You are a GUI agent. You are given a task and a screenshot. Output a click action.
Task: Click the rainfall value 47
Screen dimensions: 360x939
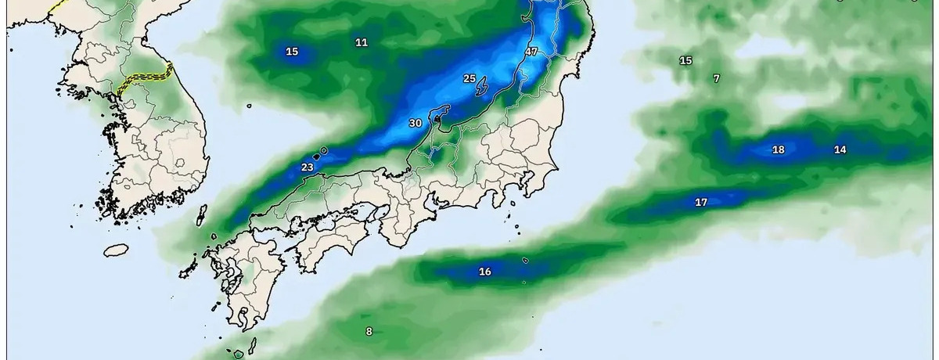pos(531,52)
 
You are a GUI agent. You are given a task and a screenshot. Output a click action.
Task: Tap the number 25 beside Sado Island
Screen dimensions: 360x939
pos(469,78)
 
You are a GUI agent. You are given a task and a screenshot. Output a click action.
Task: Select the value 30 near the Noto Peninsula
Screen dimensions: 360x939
pos(416,124)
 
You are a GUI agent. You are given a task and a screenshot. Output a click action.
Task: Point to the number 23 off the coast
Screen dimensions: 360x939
pos(308,167)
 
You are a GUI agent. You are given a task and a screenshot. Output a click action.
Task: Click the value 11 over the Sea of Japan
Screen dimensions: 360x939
pos(361,42)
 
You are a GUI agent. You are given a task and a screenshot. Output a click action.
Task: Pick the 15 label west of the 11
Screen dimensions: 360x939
pos(292,52)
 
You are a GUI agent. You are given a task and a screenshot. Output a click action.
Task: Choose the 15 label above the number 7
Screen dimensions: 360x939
pos(685,60)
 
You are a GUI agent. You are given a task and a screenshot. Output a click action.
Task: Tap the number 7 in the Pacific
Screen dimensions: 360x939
pos(716,78)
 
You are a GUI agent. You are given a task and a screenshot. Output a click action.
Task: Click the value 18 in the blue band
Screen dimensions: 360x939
pos(778,149)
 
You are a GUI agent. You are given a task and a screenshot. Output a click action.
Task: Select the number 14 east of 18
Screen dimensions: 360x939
pos(840,149)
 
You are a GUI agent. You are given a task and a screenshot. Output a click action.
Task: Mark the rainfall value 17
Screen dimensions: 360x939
pos(701,203)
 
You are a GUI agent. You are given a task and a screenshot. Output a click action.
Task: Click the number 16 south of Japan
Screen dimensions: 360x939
pos(485,272)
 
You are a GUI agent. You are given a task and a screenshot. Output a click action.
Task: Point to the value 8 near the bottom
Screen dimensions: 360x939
pos(369,331)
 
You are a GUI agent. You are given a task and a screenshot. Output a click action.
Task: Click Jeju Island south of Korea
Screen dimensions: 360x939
pos(116,250)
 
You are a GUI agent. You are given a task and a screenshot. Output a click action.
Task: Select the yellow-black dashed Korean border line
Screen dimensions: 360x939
pos(145,79)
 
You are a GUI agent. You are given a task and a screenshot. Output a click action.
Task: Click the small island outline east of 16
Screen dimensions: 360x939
pos(525,261)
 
